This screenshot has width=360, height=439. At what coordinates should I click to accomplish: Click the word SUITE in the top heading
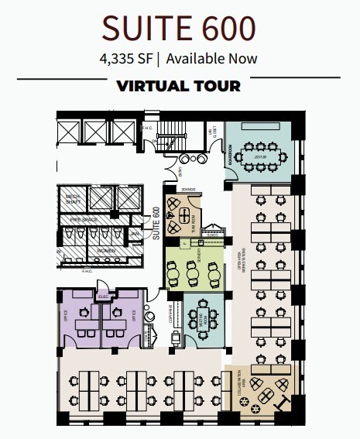click(143, 29)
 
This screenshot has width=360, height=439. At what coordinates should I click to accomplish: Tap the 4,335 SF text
click(127, 58)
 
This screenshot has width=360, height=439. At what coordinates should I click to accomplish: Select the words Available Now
click(211, 58)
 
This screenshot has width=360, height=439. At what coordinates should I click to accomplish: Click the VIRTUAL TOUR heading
click(179, 85)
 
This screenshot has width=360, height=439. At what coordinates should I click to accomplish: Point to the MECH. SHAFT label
click(72, 199)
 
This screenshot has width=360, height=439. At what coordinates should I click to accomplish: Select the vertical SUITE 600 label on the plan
click(156, 224)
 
